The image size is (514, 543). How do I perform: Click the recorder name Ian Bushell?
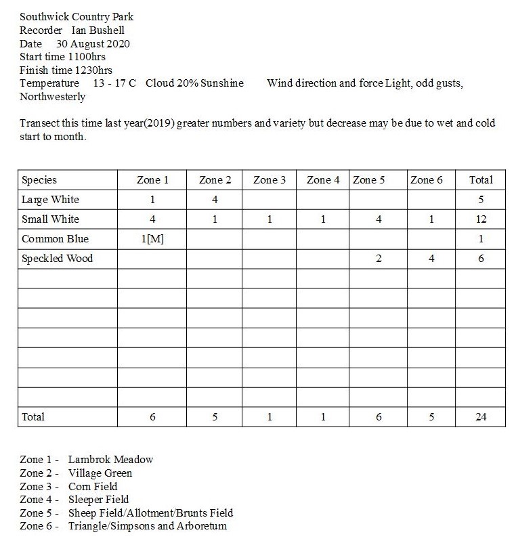[98, 30]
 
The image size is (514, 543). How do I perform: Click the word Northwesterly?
[52, 96]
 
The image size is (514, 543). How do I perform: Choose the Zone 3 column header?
[270, 180]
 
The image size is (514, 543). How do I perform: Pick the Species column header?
[39, 180]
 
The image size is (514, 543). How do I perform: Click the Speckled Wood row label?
[57, 259]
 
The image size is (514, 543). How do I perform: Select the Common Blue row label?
[55, 239]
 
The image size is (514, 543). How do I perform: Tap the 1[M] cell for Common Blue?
[153, 239]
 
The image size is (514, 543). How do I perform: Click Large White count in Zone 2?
[214, 200]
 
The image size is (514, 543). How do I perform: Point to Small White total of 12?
[481, 219]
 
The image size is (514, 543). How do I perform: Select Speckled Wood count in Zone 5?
[378, 259]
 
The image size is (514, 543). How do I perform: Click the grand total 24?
[481, 417]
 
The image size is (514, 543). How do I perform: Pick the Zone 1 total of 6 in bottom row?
[153, 417]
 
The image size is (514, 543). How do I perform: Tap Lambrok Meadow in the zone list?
[110, 460]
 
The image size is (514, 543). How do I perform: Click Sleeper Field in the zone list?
[98, 500]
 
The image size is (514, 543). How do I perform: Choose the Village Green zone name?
[100, 473]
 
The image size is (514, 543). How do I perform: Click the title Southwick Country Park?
[76, 17]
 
